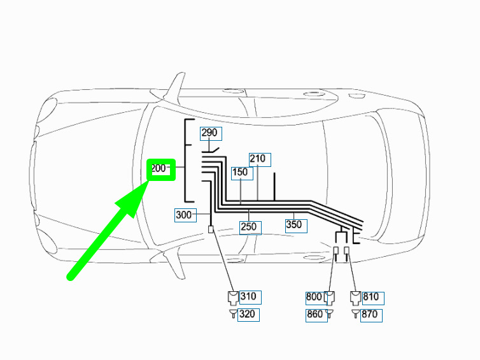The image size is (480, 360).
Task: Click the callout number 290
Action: [209, 133]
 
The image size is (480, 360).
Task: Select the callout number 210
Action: [257, 159]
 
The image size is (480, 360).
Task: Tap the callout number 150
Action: [240, 172]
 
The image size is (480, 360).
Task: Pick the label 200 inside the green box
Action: [159, 168]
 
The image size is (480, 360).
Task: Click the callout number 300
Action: [184, 215]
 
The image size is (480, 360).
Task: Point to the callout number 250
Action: [248, 227]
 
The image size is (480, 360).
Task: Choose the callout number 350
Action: [294, 224]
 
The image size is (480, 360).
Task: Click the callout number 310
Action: [248, 296]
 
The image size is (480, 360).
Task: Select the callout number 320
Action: [247, 314]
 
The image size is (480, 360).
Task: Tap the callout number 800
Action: [314, 297]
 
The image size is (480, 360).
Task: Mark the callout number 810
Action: [371, 297]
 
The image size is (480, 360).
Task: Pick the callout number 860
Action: [314, 314]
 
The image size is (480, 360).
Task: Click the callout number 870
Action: [369, 314]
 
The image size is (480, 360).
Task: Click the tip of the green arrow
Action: [149, 181]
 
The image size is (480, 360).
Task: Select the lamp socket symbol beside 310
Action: [233, 298]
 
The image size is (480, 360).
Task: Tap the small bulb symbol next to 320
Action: [233, 313]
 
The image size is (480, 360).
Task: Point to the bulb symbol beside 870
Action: [355, 313]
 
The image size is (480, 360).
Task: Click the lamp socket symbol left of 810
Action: [355, 298]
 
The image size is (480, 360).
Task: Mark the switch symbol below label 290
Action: [211, 150]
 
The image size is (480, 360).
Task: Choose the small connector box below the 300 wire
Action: [211, 229]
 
